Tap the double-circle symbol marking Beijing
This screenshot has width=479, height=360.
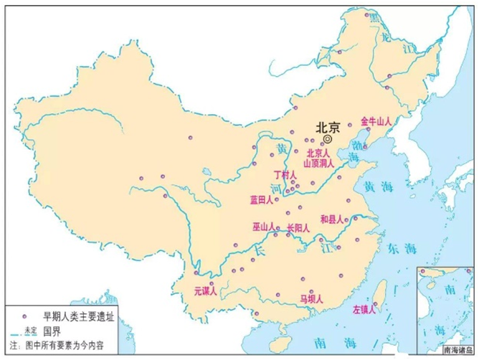pos(328,139)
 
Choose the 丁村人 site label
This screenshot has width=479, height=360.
pos(285,175)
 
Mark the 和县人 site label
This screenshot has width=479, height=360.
pos(333,219)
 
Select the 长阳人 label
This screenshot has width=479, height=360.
pos(298,229)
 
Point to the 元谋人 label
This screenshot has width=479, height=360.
pos(206,292)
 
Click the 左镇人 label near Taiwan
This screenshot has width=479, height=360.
pos(365,311)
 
